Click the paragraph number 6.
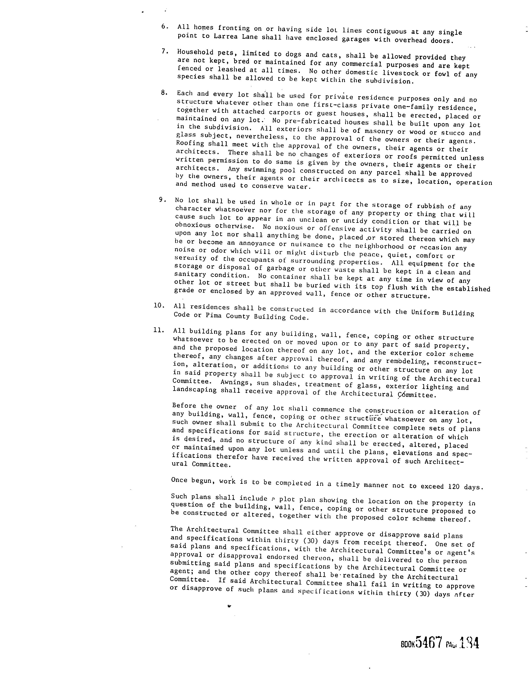pyautogui.click(x=164, y=26)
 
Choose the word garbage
pyautogui.click(x=280, y=268)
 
